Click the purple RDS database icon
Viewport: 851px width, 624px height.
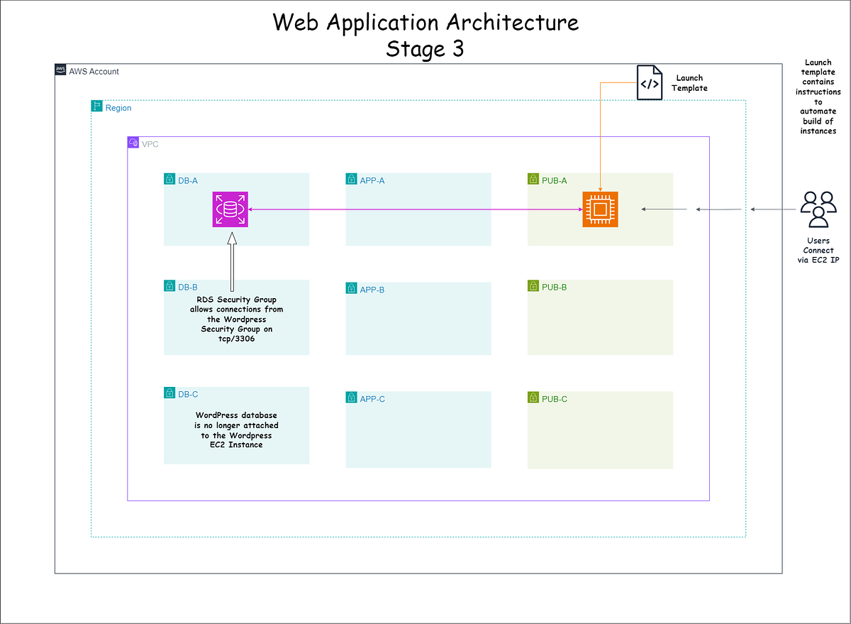pos(230,209)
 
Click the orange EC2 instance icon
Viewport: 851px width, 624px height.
pos(600,209)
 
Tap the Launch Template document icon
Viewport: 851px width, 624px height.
pos(649,83)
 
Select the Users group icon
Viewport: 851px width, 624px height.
pos(818,209)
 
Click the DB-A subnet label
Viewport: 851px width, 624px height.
pos(187,180)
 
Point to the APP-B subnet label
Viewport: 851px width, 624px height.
pos(372,290)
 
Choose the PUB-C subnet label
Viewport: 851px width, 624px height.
pos(554,399)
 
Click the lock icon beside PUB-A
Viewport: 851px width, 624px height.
pos(533,180)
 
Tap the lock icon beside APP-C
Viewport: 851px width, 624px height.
pos(352,398)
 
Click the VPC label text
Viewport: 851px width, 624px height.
pos(150,143)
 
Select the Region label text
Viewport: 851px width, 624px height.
pos(118,108)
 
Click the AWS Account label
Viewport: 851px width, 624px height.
pos(94,72)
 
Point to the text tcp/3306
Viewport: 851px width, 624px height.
pos(236,339)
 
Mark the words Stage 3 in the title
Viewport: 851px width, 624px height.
pos(425,49)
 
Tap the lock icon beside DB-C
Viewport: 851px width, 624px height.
pos(169,393)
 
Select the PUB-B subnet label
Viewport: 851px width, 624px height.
pos(554,288)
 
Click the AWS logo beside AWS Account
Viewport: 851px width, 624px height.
pos(61,70)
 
